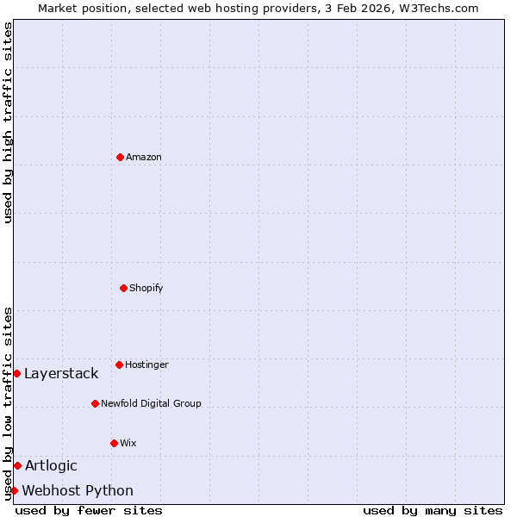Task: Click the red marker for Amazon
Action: point(120,157)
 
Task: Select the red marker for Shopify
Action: point(123,288)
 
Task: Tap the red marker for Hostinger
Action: point(119,364)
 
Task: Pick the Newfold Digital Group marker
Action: point(95,403)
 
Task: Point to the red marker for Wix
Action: point(114,443)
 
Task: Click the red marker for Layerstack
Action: point(16,373)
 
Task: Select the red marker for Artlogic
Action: point(17,465)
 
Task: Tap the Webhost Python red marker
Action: point(14,490)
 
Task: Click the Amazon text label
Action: point(144,157)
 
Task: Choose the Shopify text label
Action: point(146,288)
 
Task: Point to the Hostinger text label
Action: point(147,364)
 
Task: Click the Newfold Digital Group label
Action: point(151,403)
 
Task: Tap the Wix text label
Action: point(128,443)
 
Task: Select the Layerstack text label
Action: point(61,373)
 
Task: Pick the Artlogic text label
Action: point(51,465)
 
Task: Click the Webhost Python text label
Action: point(78,490)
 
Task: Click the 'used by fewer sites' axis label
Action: point(89,510)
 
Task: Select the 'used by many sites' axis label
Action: point(433,510)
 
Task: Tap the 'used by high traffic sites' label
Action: point(8,122)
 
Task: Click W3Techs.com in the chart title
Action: point(438,8)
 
